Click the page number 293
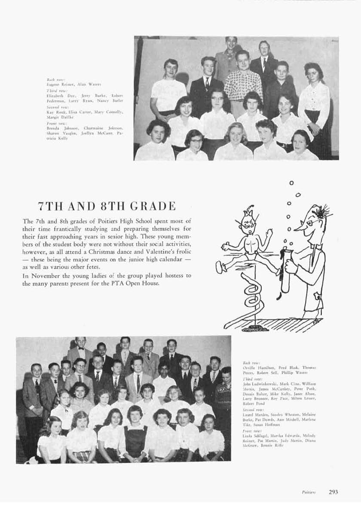click(x=333, y=492)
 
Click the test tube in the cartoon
click(x=284, y=271)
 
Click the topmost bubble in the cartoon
click(x=292, y=183)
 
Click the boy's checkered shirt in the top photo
click(x=244, y=85)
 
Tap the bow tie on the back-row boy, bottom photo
click(x=80, y=349)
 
